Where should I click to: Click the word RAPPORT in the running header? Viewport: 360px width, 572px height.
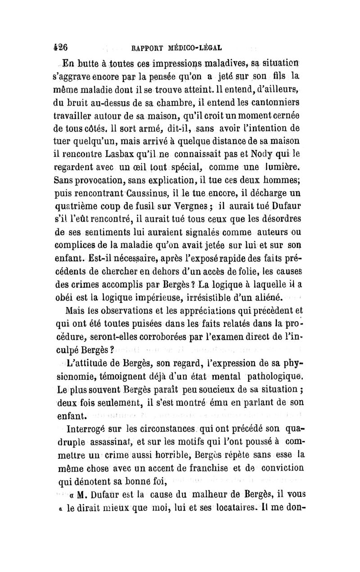click(x=145, y=46)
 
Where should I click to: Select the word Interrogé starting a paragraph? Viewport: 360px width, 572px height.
click(x=90, y=429)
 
